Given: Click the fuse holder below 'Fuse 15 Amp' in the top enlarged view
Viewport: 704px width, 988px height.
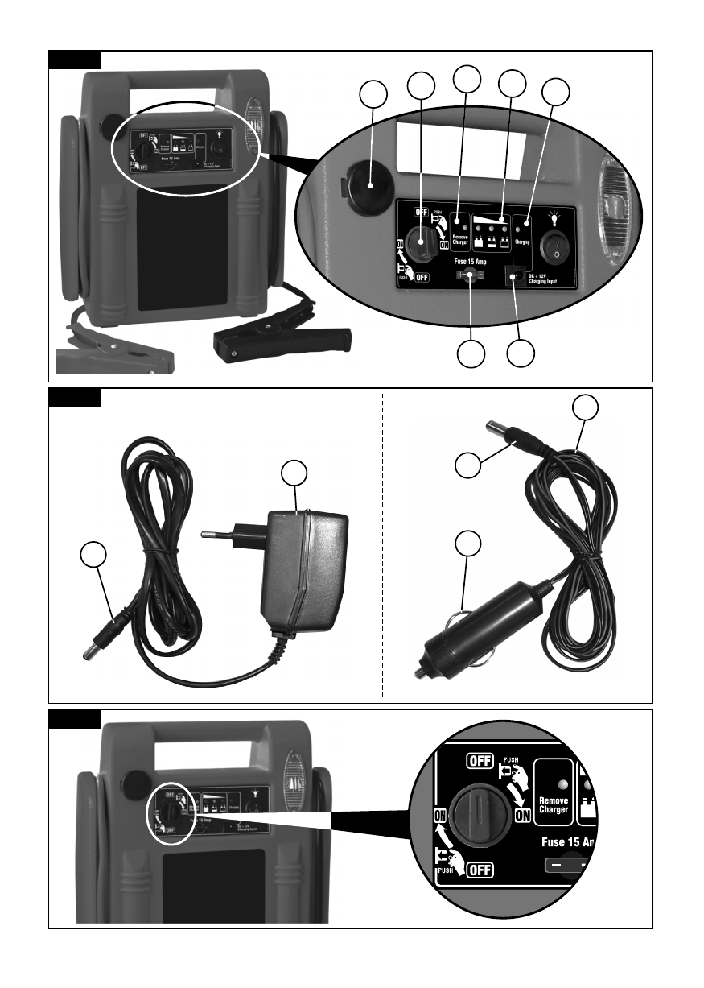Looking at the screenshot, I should [467, 276].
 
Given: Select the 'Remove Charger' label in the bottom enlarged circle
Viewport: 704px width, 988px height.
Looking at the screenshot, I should [553, 805].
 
